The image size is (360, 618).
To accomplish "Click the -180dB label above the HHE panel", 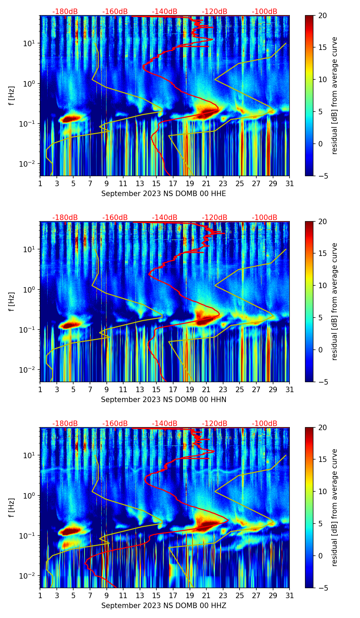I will pyautogui.click(x=65, y=12).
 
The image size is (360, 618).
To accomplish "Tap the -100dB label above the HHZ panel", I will pyautogui.click(x=265, y=424).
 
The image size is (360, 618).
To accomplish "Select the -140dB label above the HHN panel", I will pyautogui.click(x=165, y=218).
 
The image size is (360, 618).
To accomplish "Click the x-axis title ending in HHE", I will pyautogui.click(x=164, y=194).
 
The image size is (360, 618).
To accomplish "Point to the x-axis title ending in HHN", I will pyautogui.click(x=164, y=400).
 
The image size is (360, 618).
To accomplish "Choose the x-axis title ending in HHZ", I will pyautogui.click(x=164, y=606).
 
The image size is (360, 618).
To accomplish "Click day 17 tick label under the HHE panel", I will pyautogui.click(x=173, y=184).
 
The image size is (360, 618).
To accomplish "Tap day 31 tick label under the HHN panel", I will pyautogui.click(x=289, y=390).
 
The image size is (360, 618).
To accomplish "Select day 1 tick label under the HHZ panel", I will pyautogui.click(x=40, y=596).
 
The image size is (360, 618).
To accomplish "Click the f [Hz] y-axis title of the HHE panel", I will pyautogui.click(x=12, y=96).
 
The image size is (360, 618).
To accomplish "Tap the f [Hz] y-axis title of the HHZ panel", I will pyautogui.click(x=12, y=508).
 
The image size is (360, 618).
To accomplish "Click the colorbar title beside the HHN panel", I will pyautogui.click(x=334, y=301).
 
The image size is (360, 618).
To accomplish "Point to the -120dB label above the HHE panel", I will pyautogui.click(x=215, y=12).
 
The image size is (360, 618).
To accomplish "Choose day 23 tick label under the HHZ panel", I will pyautogui.click(x=223, y=596).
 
